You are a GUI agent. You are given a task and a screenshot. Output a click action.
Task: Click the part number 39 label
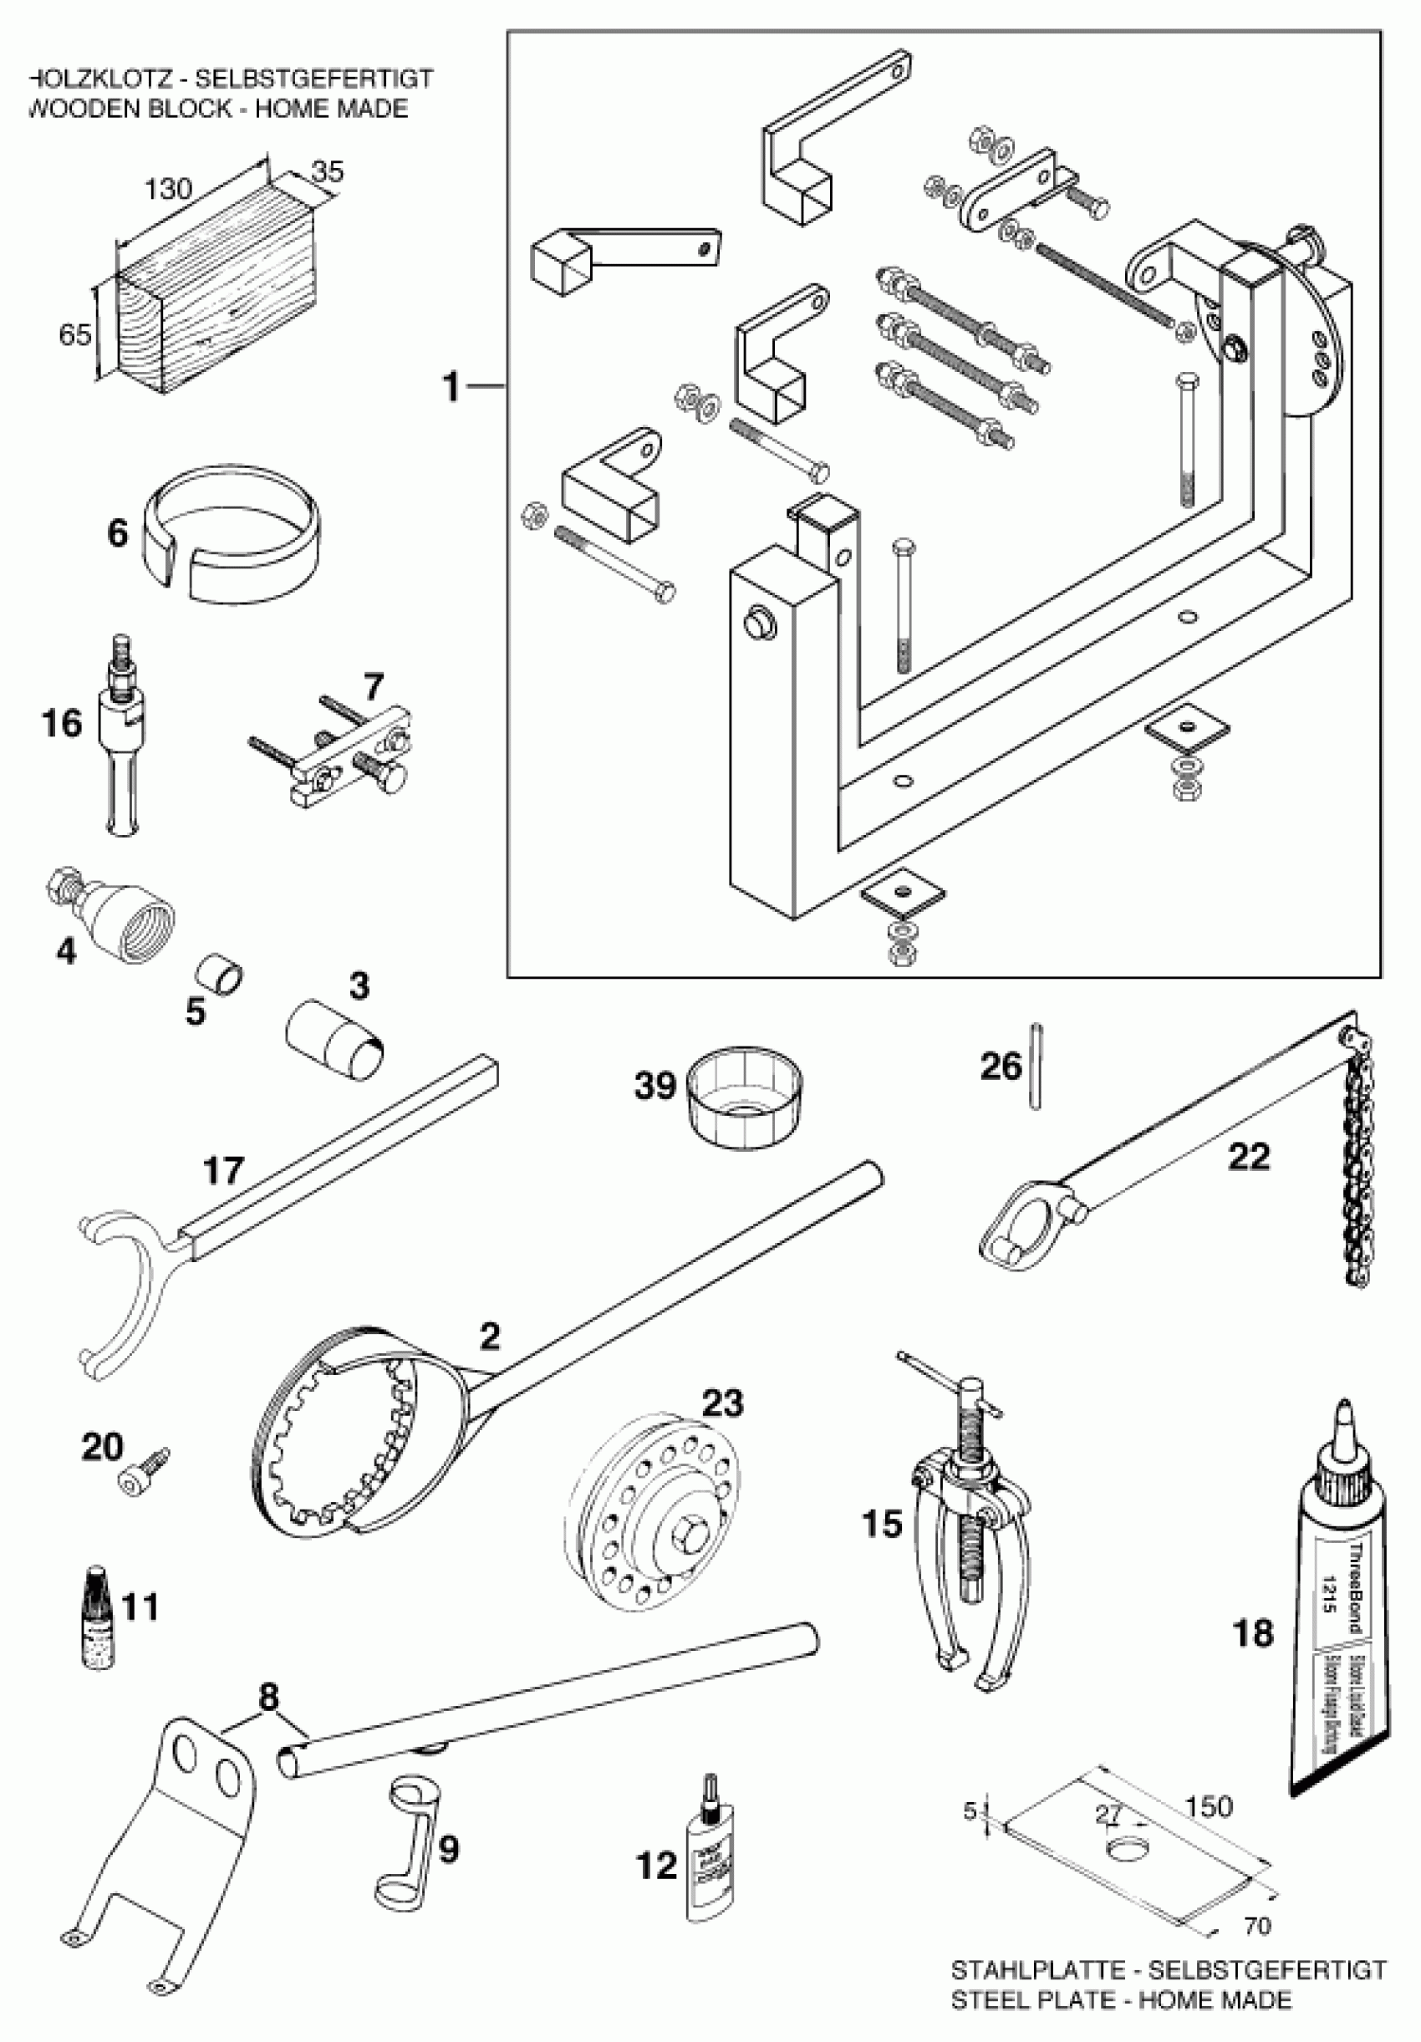tap(655, 1086)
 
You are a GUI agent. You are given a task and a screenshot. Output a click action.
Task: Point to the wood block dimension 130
tap(169, 189)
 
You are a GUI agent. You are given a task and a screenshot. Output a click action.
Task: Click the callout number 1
tap(451, 387)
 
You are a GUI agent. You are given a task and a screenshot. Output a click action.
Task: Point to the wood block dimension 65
tap(74, 335)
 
